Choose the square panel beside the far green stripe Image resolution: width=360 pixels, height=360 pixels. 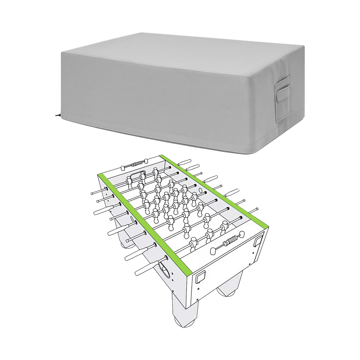[258, 241]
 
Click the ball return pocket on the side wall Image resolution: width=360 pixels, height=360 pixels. [164, 266]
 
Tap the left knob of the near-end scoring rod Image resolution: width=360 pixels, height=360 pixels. [214, 250]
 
